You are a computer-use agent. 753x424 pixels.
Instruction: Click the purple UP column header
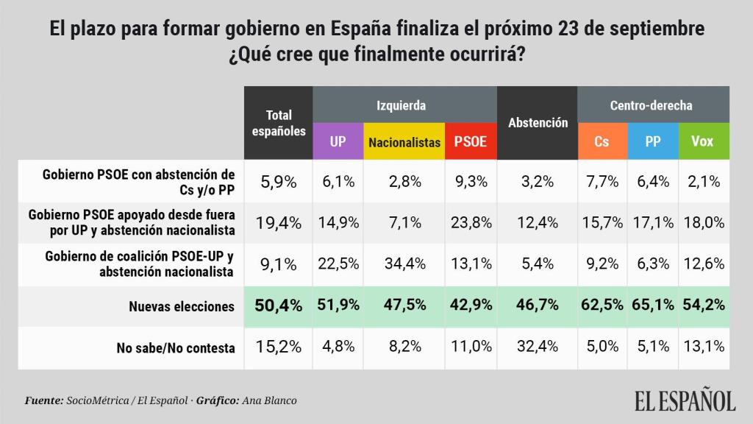(x=338, y=141)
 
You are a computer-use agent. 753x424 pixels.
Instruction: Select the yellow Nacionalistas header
(x=404, y=141)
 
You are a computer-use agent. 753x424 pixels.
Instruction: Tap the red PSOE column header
(x=471, y=141)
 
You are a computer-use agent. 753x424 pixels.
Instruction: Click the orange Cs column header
(x=602, y=141)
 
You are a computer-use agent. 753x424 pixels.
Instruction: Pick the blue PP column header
(x=653, y=141)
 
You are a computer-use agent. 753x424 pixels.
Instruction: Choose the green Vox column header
(x=702, y=141)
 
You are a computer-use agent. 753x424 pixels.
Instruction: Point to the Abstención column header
(x=538, y=123)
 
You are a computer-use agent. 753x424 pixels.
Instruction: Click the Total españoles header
(x=279, y=123)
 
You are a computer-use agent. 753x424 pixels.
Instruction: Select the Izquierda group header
(x=404, y=105)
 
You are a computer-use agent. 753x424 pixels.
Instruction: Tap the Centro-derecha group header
(x=652, y=105)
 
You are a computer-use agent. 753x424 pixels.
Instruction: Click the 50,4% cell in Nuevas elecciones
(x=279, y=306)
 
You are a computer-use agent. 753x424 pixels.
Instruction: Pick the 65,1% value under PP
(x=653, y=306)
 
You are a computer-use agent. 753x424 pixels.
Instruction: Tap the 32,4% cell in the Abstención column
(x=538, y=347)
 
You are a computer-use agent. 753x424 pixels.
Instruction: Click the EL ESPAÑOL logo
(x=685, y=400)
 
